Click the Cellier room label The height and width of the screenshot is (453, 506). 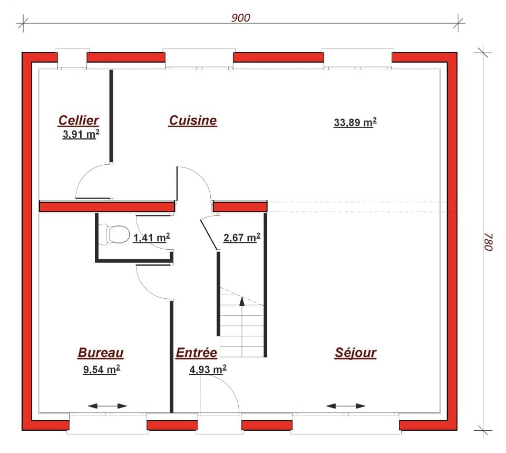tap(79, 121)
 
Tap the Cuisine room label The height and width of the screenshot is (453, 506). tap(192, 120)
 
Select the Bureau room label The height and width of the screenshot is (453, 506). tap(101, 353)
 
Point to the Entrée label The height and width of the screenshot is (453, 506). tap(196, 353)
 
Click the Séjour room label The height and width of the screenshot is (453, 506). tap(355, 353)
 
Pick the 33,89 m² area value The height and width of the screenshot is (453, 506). tap(355, 122)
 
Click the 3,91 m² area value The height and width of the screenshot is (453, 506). tap(81, 134)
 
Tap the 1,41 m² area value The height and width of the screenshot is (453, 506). tap(151, 238)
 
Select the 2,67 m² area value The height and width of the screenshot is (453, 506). tap(242, 238)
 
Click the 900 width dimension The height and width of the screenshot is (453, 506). tap(240, 17)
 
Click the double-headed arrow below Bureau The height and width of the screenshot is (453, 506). tap(108, 406)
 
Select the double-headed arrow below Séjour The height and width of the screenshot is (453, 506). tap(346, 406)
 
